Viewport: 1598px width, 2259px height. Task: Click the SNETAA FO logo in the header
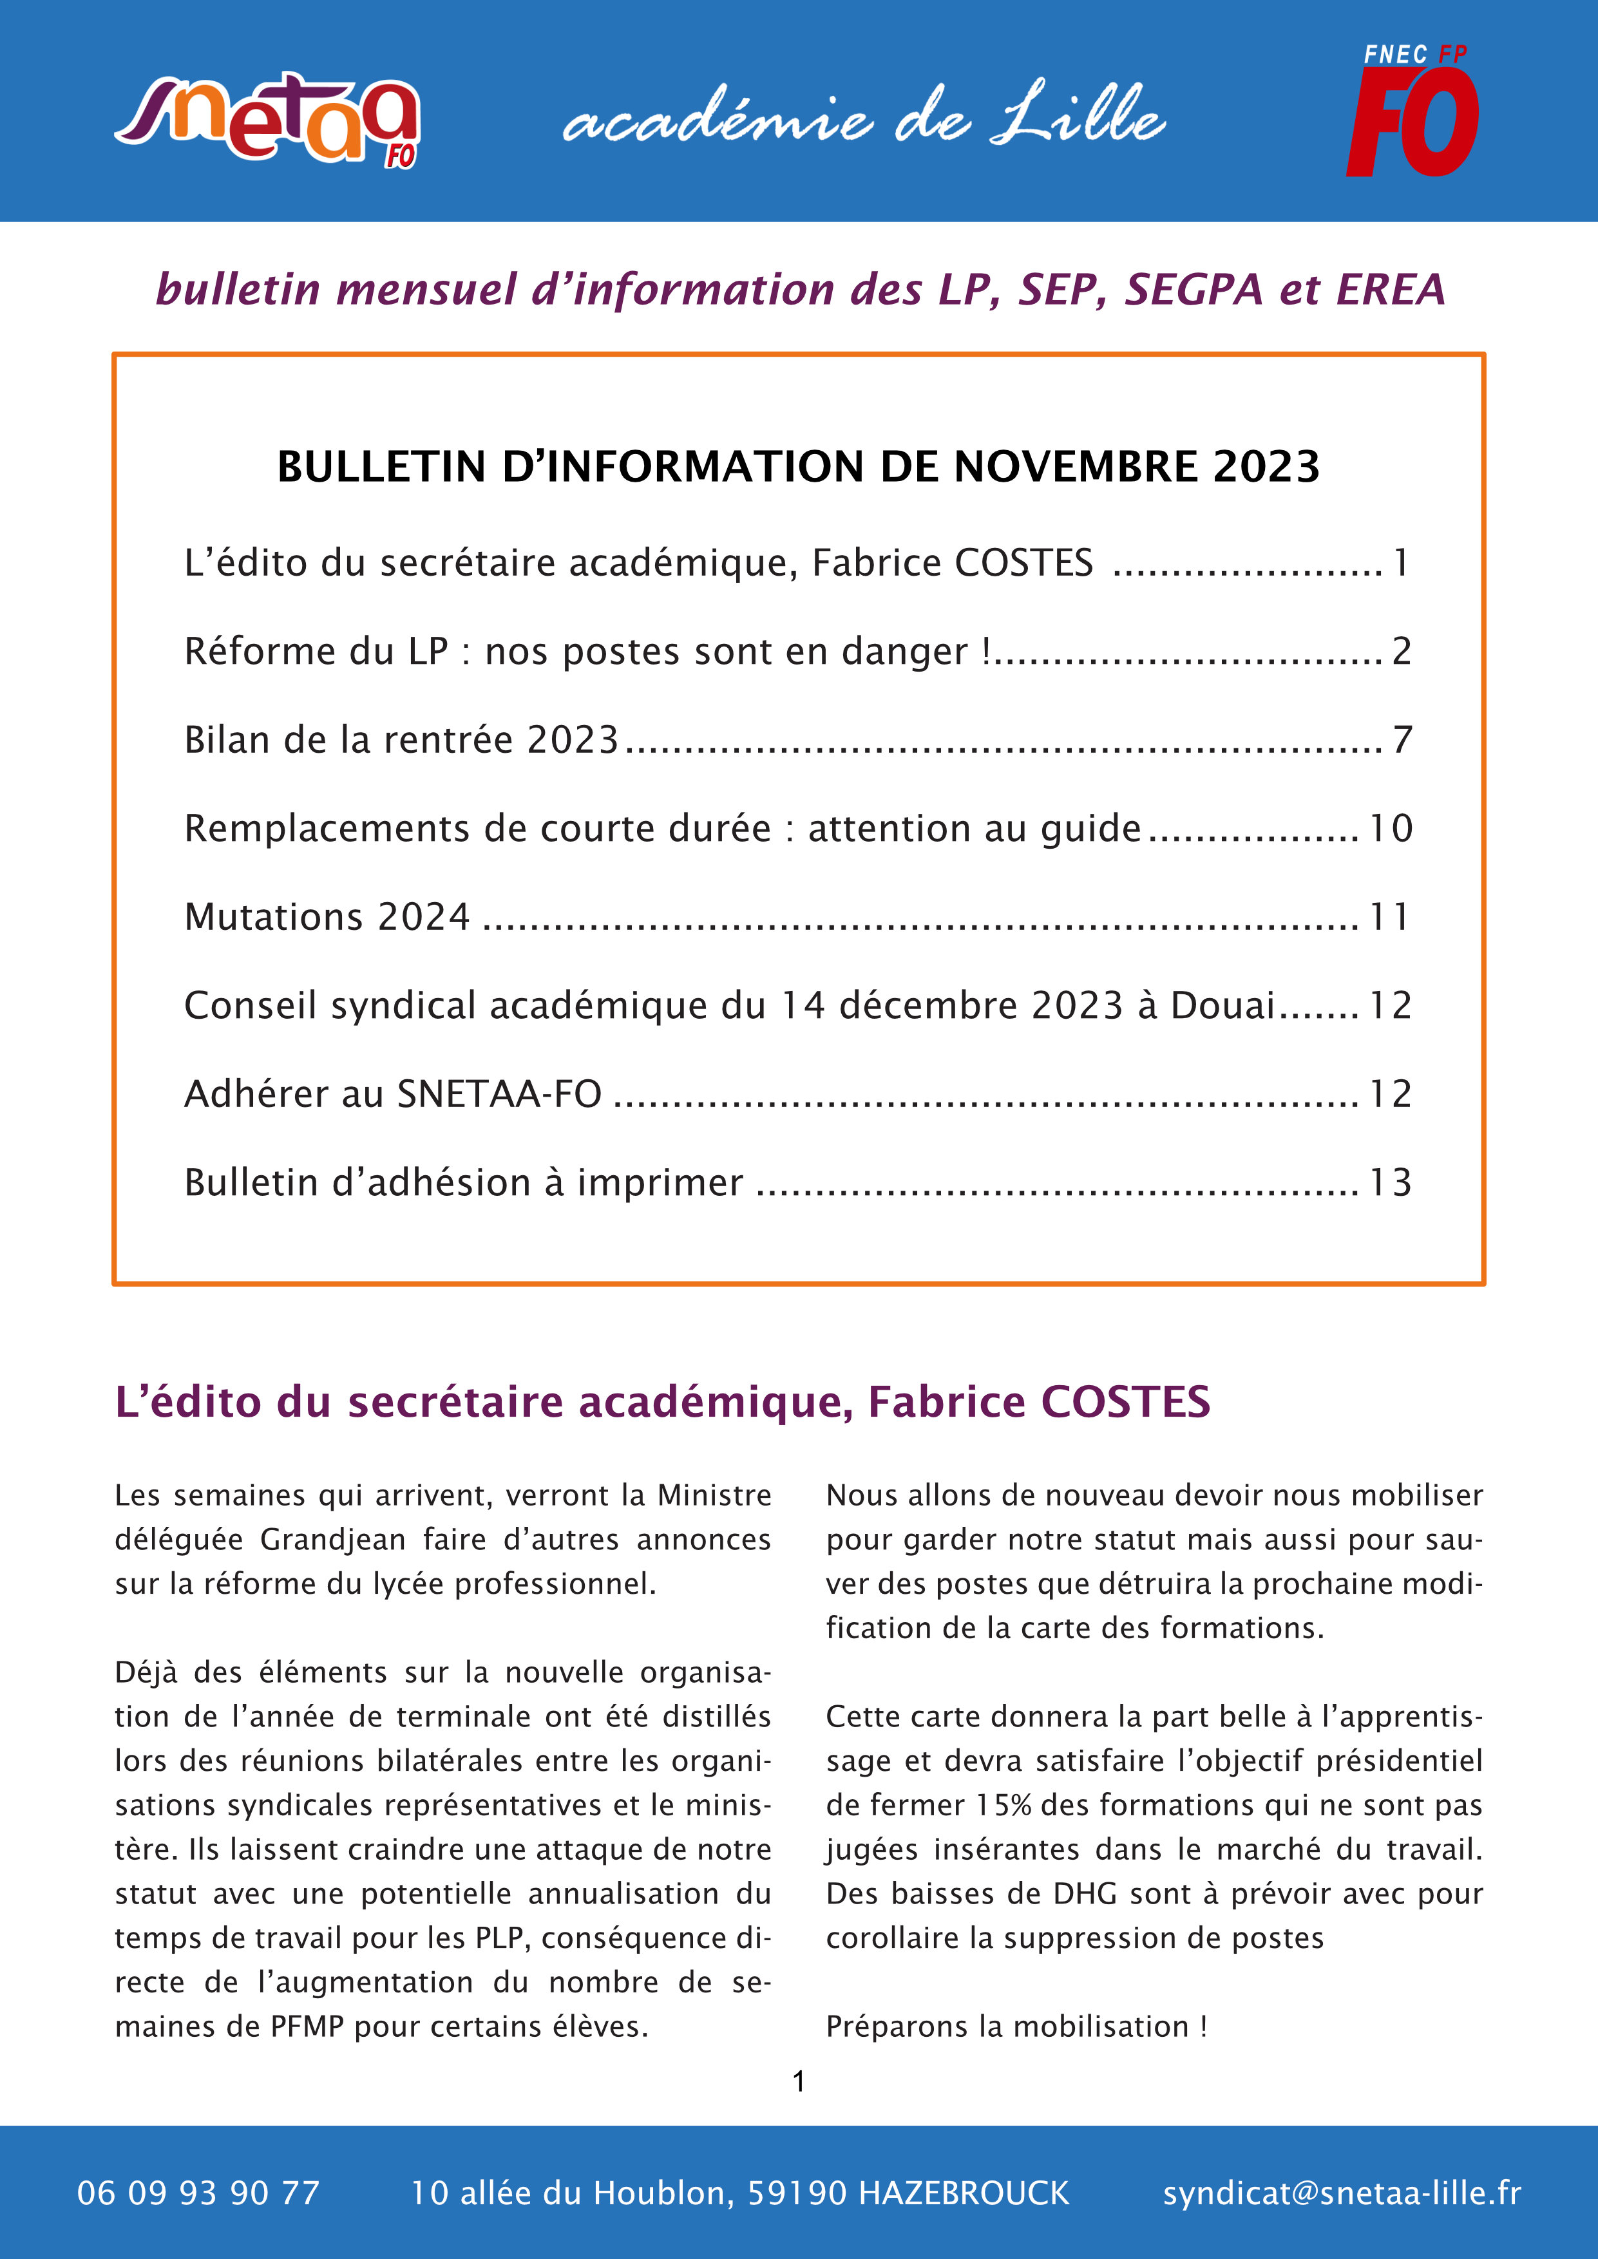(x=268, y=120)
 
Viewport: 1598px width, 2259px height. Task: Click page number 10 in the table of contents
(x=1391, y=828)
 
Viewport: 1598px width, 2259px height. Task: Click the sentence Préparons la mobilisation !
(x=1016, y=2027)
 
